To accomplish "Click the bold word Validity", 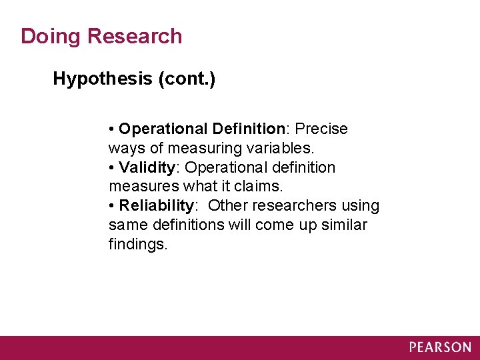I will [x=146, y=167].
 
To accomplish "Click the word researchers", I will [x=294, y=206].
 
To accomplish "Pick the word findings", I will [x=138, y=245].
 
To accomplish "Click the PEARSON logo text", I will [x=440, y=347].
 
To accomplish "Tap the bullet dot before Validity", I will [x=112, y=167].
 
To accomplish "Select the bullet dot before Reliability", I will [x=112, y=206].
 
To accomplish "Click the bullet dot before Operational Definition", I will [x=112, y=128].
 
